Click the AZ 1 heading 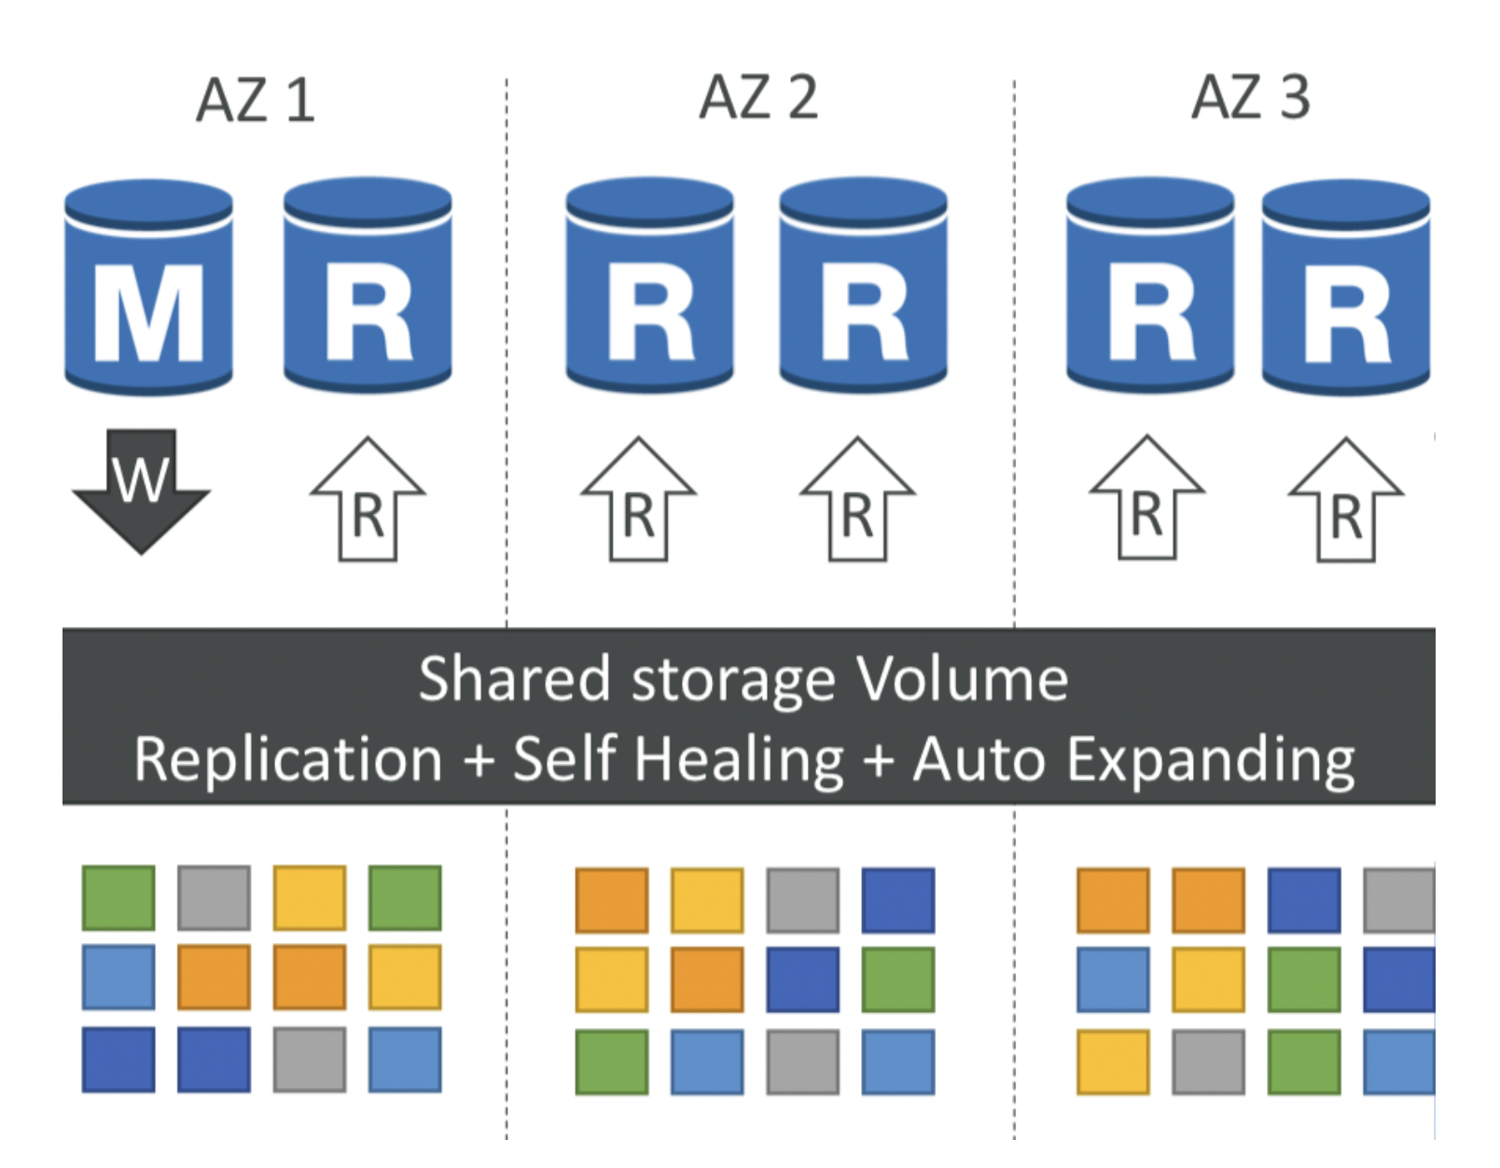click(256, 100)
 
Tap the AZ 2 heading click(758, 97)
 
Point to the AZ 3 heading click(1251, 97)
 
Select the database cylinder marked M click(148, 287)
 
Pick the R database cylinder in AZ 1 click(368, 285)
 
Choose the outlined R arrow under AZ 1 click(368, 498)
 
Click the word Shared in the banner click(515, 678)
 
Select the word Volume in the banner click(963, 678)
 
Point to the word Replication click(288, 759)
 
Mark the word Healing click(739, 759)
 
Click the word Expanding click(1211, 759)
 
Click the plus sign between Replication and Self click(479, 760)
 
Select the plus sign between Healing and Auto click(878, 760)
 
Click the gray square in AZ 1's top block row click(214, 897)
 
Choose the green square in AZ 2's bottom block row click(612, 1062)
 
